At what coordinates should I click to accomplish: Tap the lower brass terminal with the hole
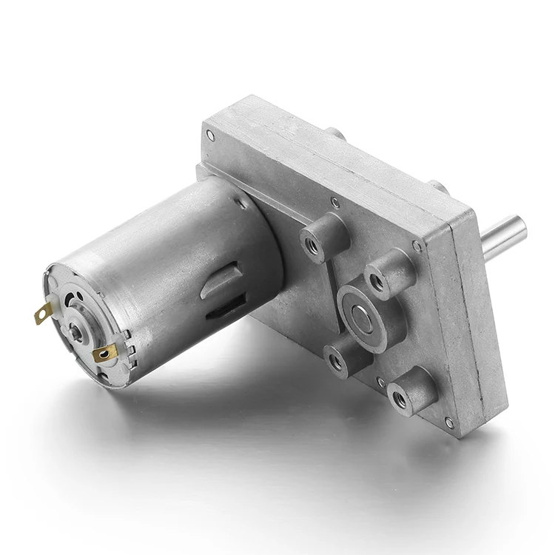pyautogui.click(x=104, y=354)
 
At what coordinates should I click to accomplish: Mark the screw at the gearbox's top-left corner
pyautogui.click(x=210, y=135)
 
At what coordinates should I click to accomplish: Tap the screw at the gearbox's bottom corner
pyautogui.click(x=448, y=423)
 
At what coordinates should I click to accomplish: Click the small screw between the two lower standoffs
pyautogui.click(x=380, y=382)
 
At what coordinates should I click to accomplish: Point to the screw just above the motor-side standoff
pyautogui.click(x=335, y=201)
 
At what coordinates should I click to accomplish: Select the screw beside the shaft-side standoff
pyautogui.click(x=417, y=245)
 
